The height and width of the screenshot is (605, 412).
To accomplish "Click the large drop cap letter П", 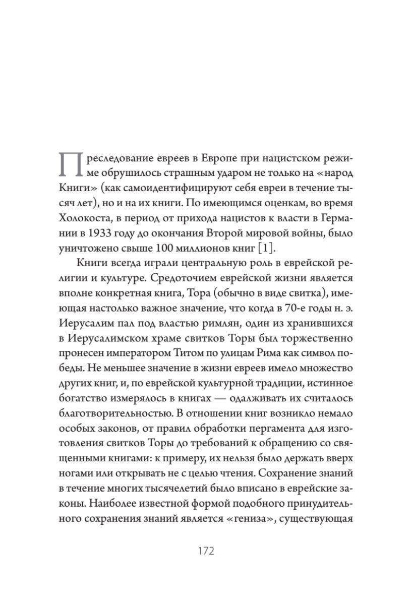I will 70,164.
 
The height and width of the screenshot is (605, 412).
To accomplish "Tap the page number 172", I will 205,550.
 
